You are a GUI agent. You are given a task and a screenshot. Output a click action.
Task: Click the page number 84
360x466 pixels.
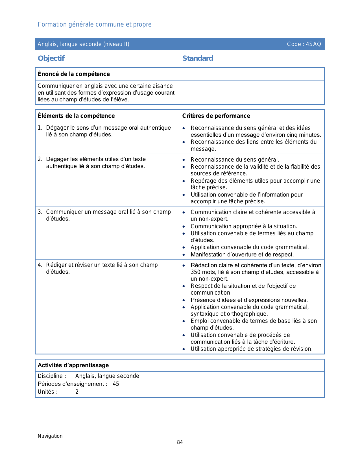180,442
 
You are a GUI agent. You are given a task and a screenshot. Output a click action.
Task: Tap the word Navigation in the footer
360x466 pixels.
50,436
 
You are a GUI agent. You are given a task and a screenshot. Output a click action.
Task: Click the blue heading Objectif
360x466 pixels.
51,58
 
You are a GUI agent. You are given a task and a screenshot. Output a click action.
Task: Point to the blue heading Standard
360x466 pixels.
198,58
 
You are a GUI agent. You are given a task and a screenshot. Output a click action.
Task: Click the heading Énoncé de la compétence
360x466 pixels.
74,74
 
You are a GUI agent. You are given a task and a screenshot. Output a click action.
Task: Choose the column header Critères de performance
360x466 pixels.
216,116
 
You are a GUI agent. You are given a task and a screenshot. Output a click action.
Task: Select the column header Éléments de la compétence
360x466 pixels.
76,116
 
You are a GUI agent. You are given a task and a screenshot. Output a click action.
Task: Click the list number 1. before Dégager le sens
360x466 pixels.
40,128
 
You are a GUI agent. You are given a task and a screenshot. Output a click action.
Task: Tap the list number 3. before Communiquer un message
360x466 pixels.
40,212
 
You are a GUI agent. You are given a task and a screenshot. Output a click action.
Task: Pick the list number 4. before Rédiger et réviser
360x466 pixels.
40,265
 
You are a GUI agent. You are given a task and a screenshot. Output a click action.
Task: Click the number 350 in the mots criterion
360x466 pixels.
196,272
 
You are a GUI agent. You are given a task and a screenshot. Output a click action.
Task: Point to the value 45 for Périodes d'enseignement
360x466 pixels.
116,384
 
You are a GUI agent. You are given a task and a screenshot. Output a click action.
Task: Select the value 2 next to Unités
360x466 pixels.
77,392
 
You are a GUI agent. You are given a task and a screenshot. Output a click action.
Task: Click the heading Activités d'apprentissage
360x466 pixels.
73,365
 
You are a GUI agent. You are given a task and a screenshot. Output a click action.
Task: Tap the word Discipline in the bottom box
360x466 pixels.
50,376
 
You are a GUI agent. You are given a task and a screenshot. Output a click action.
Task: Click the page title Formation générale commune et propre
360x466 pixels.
95,25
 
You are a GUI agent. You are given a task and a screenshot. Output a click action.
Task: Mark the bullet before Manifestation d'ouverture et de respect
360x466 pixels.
184,255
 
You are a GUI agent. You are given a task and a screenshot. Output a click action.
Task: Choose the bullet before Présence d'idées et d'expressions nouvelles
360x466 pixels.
184,300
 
